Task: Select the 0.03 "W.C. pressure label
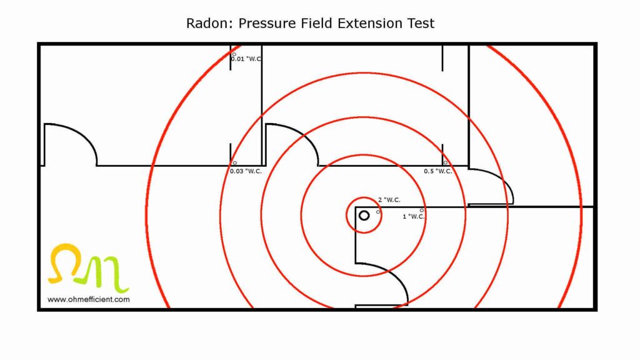click(246, 171)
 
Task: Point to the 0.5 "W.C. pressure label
click(438, 171)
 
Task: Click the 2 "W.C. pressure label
click(389, 200)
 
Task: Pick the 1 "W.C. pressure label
click(414, 216)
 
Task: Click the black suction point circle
click(364, 216)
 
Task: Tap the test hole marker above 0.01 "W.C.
click(234, 54)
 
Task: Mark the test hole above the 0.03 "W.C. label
click(234, 163)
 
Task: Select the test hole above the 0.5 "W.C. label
click(445, 163)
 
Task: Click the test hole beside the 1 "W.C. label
click(422, 210)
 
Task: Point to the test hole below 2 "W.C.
click(378, 212)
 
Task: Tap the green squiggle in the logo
click(112, 272)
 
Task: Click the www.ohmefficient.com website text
click(89, 299)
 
